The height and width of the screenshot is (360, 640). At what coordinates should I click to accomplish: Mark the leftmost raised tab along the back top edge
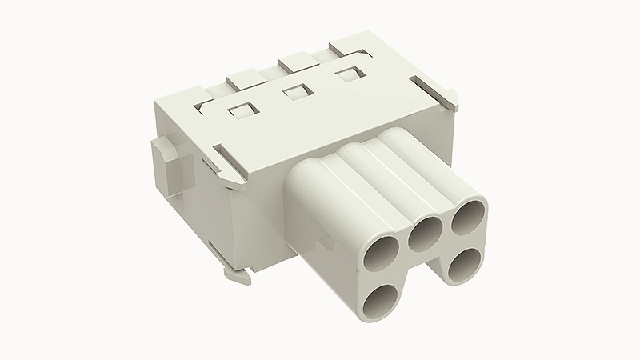tap(242, 80)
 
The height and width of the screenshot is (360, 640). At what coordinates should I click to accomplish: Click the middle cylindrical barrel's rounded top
tap(360, 150)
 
